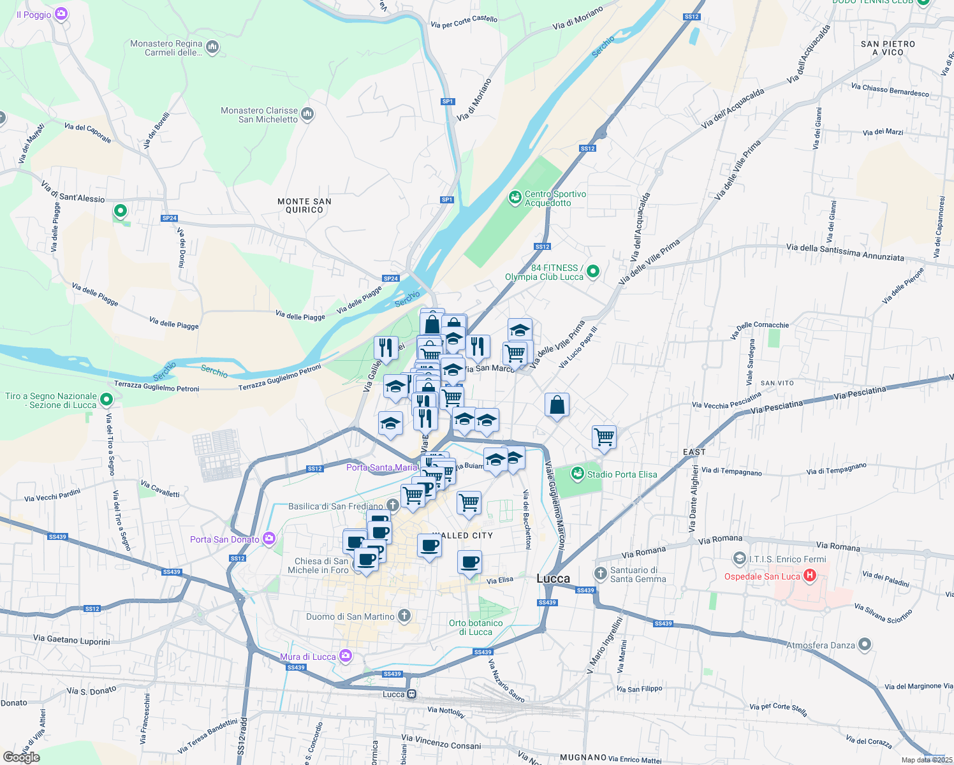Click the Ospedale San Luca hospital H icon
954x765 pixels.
(x=810, y=576)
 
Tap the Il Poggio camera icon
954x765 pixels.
(x=61, y=14)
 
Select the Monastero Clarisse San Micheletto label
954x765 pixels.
(x=260, y=115)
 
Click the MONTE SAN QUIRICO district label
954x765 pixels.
(x=304, y=205)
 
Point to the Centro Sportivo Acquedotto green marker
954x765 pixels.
(x=515, y=198)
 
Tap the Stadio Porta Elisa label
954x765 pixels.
(x=622, y=474)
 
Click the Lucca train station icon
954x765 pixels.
(x=412, y=694)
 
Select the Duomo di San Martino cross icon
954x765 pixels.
(x=404, y=616)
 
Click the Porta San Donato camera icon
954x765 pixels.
(x=269, y=539)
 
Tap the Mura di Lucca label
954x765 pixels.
(x=308, y=657)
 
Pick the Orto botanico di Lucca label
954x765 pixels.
(x=476, y=627)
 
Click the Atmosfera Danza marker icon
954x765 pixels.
(x=864, y=645)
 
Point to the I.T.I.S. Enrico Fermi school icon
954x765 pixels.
(x=739, y=559)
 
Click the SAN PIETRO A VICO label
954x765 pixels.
(x=888, y=48)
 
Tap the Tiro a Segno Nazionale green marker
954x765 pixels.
(x=106, y=400)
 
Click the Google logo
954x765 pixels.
(x=22, y=757)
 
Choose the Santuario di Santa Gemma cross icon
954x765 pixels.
(x=600, y=573)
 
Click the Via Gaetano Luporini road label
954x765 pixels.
(x=71, y=639)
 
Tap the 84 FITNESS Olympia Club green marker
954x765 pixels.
(x=593, y=272)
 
